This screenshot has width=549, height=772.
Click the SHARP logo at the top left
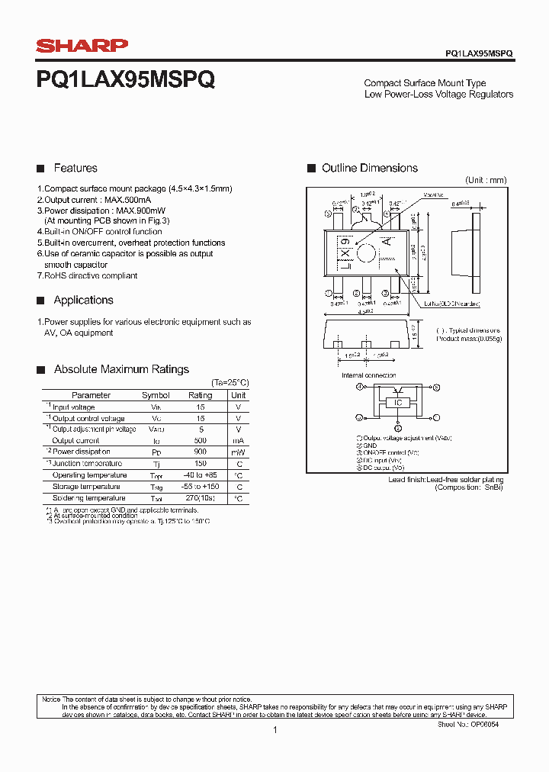tap(82, 47)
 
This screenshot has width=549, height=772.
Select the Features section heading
tap(75, 168)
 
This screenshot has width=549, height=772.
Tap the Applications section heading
tap(83, 300)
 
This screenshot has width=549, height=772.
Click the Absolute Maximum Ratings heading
tap(121, 369)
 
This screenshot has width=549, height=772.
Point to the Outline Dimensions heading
tap(369, 168)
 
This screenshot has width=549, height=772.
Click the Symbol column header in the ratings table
tap(156, 395)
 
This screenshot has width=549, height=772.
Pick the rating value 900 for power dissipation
tap(201, 452)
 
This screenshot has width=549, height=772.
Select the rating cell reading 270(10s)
tap(201, 498)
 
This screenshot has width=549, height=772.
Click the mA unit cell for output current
tap(239, 441)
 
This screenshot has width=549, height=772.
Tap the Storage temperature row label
tap(86, 487)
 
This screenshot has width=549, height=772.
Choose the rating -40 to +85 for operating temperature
tap(201, 475)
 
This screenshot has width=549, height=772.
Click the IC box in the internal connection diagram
tap(397, 403)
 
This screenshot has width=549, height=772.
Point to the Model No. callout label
tap(434, 195)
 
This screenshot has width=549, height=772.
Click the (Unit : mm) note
tap(486, 180)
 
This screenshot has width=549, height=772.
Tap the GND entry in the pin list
tap(369, 446)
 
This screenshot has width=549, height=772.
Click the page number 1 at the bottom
tap(274, 730)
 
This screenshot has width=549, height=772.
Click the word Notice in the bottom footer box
tap(51, 700)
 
